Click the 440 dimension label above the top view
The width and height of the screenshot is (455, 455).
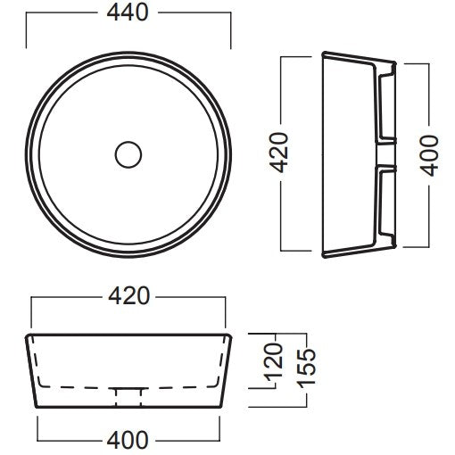[128, 12]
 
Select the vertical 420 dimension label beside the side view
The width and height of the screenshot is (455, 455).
[278, 153]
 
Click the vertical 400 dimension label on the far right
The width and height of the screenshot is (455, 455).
[429, 155]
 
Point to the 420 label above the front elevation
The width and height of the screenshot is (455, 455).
[128, 296]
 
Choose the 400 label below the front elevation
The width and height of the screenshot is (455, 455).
[128, 440]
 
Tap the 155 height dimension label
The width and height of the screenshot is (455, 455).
[306, 368]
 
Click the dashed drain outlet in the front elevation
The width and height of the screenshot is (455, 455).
[128, 397]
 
